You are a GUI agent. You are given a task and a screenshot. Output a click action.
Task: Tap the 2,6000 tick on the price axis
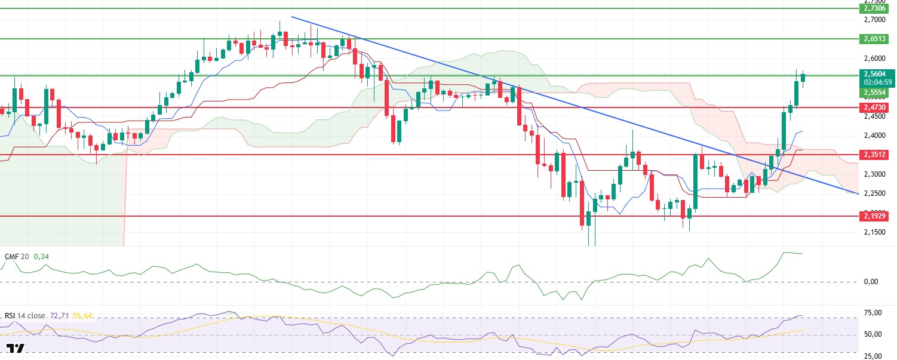pyautogui.click(x=876, y=59)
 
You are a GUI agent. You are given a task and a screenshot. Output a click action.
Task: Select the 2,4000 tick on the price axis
pyautogui.click(x=876, y=136)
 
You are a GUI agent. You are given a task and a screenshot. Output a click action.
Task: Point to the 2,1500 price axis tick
pyautogui.click(x=876, y=232)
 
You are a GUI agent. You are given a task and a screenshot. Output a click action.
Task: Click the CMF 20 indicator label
pyautogui.click(x=16, y=256)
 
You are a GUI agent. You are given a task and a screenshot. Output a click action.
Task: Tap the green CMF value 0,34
pyautogui.click(x=41, y=256)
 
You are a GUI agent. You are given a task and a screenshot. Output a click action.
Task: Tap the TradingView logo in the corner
pyautogui.click(x=16, y=349)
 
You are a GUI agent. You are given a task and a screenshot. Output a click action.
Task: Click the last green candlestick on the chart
pyautogui.click(x=803, y=78)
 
